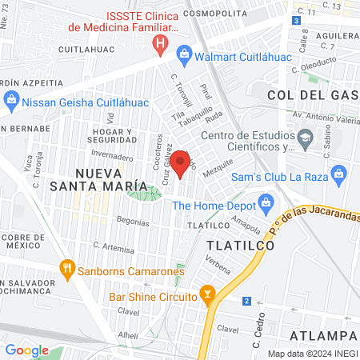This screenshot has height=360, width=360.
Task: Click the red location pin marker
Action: [x=182, y=164]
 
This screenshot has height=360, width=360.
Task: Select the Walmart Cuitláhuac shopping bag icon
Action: [x=184, y=54]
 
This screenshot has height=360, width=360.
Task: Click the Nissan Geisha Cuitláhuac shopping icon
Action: [x=11, y=101]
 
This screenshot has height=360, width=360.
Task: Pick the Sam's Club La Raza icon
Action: [x=338, y=174]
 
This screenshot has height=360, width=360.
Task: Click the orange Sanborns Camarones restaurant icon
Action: [x=66, y=270]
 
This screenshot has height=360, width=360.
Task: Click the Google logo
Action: [x=26, y=350]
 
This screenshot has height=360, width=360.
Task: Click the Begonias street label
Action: [x=110, y=217]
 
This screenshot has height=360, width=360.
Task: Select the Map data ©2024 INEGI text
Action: [x=312, y=354]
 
